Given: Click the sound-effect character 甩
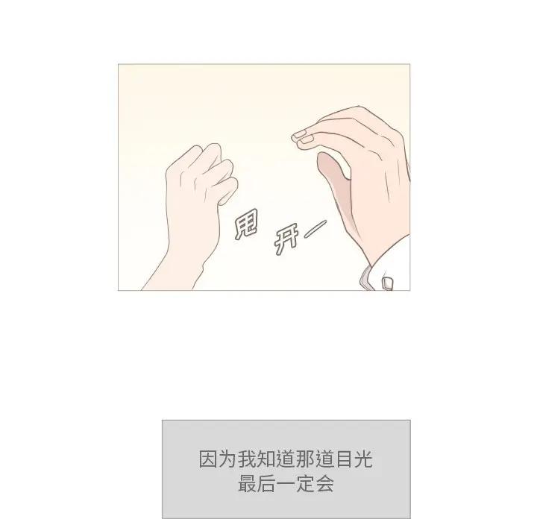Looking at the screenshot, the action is click(246, 224).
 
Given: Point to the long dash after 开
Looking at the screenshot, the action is click(315, 229).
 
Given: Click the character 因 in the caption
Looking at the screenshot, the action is click(208, 459).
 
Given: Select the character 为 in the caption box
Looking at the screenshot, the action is click(227, 459).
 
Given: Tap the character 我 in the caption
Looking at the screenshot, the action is click(247, 459).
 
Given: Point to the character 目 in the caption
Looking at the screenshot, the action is click(345, 459).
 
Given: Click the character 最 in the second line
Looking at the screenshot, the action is click(247, 484).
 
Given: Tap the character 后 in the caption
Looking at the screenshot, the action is click(266, 484).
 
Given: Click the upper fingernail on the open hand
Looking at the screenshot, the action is click(299, 134).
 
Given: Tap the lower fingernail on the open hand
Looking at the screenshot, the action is click(307, 139).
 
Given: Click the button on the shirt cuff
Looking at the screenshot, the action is click(387, 283).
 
